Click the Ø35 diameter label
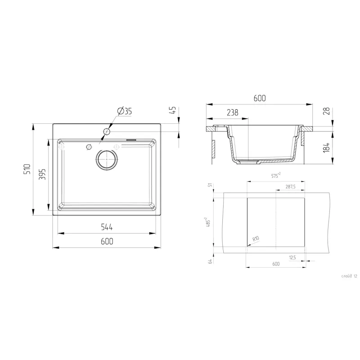[124, 112]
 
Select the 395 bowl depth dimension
[41, 174]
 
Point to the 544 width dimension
[107, 227]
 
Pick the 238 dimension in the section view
[232, 112]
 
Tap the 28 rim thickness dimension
[327, 112]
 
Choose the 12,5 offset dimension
[292, 257]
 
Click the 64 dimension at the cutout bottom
[210, 261]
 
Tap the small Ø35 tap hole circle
[107, 131]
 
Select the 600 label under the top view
[107, 241]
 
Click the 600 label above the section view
[260, 98]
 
